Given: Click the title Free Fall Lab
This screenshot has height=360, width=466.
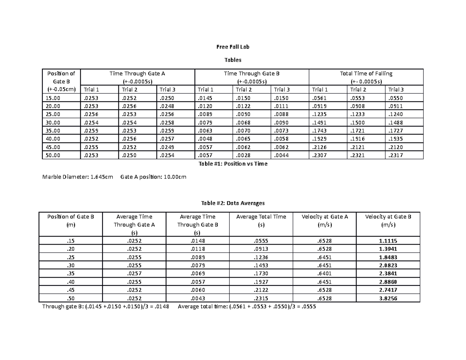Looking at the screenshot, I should pyautogui.click(x=233, y=47).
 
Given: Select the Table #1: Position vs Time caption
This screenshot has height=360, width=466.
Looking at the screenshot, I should pyautogui.click(x=233, y=164).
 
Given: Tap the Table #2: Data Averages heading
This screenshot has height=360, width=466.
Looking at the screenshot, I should pyautogui.click(x=233, y=203).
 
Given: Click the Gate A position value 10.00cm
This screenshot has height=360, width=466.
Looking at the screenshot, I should pyautogui.click(x=173, y=177).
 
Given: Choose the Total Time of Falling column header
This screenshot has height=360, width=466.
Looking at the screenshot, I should pyautogui.click(x=366, y=73).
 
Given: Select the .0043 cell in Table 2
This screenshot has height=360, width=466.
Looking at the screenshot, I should pyautogui.click(x=197, y=299).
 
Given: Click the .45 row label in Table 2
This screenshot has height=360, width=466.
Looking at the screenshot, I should pyautogui.click(x=70, y=290).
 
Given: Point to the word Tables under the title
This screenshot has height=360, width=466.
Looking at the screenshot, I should pyautogui.click(x=233, y=60).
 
